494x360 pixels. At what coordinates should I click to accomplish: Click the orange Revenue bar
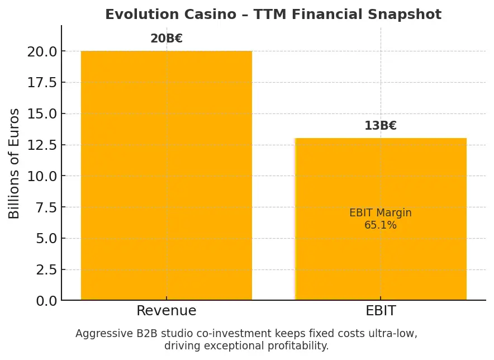click(167, 176)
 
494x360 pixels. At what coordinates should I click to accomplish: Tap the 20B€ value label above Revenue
click(167, 39)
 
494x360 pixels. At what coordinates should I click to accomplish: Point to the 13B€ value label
click(381, 126)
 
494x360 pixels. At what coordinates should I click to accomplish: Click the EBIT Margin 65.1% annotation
click(381, 219)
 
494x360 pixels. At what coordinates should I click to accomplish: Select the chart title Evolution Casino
click(273, 15)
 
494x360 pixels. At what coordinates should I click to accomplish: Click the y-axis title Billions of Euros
click(14, 163)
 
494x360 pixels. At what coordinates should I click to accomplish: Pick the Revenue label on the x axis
click(167, 311)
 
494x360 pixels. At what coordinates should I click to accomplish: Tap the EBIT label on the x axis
click(381, 311)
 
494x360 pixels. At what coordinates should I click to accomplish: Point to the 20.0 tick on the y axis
click(41, 52)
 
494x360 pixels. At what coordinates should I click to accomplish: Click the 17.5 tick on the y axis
click(41, 83)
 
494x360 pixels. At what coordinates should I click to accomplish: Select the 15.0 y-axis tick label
click(41, 114)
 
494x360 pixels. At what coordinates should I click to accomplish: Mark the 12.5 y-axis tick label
click(41, 145)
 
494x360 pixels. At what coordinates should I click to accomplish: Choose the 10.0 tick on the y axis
click(41, 176)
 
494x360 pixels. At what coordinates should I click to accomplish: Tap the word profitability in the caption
click(297, 346)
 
